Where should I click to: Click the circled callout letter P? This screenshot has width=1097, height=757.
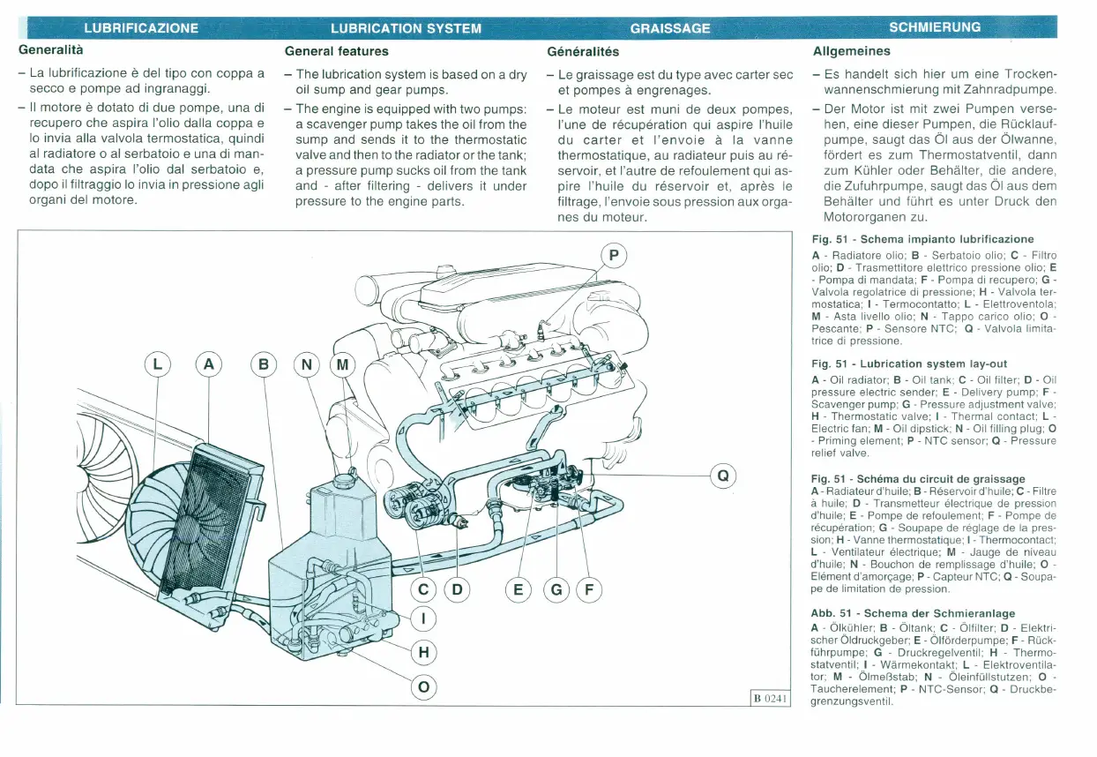[615, 257]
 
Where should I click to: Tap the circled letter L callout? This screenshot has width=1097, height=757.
[159, 364]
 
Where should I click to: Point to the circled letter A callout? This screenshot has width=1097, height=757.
[209, 364]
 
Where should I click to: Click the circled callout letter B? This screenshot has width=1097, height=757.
[263, 364]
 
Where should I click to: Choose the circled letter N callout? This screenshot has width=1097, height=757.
[307, 364]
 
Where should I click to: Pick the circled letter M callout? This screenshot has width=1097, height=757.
[342, 364]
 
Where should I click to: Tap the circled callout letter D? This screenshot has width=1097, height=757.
[457, 588]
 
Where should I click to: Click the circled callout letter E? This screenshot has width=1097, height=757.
[519, 588]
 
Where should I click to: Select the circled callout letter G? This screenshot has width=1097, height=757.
[557, 588]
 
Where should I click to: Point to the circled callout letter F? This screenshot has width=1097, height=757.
[590, 588]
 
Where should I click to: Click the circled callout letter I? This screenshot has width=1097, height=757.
[423, 619]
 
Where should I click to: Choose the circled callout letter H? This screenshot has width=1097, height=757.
[423, 653]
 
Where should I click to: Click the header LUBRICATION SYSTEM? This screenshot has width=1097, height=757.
[407, 28]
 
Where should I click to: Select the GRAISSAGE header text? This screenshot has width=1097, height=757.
[670, 28]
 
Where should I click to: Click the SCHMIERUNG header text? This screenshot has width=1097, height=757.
[935, 27]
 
